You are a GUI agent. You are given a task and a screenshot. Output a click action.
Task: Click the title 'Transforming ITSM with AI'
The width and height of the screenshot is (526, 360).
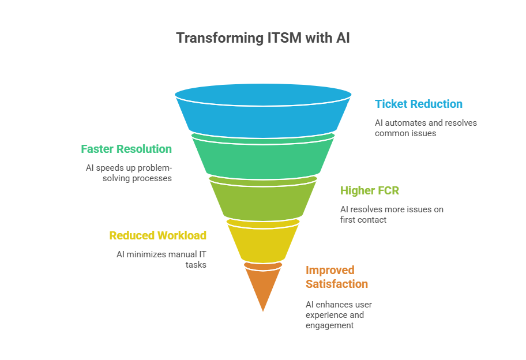262,38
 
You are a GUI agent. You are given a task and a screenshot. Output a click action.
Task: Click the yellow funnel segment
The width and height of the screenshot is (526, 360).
262,241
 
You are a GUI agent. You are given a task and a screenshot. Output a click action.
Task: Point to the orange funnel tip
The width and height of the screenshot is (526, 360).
263,286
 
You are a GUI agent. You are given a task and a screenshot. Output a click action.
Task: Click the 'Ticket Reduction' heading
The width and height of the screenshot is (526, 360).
419,104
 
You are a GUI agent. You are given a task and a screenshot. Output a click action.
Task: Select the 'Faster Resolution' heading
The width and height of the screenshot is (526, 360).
126,149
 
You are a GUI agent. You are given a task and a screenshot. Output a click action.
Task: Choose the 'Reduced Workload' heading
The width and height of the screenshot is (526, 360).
158,235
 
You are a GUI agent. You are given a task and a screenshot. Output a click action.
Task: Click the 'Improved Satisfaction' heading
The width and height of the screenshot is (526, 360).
336,277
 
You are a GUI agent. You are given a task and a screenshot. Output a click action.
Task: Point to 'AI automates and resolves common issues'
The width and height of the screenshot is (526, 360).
426,127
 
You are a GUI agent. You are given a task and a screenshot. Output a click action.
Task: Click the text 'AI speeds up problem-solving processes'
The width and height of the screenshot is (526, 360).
128,172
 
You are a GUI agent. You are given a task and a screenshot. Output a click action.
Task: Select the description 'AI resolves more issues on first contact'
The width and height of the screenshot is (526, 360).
392,214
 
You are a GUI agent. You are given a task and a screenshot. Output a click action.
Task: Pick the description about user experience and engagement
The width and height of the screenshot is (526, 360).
338,314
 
